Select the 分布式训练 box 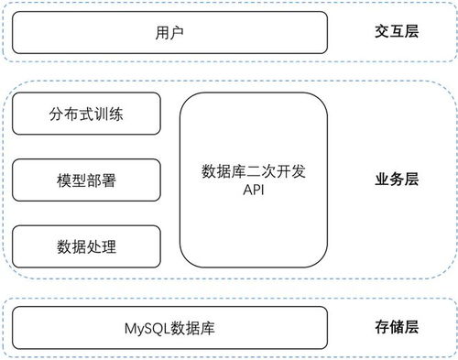(x=86, y=116)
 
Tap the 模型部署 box (x=86, y=180)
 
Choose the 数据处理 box (x=86, y=245)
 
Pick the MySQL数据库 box (x=169, y=327)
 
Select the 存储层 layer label (x=397, y=327)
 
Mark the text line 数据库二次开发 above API (x=254, y=171)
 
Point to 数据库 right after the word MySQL (x=193, y=327)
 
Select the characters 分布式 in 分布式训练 (x=74, y=116)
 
